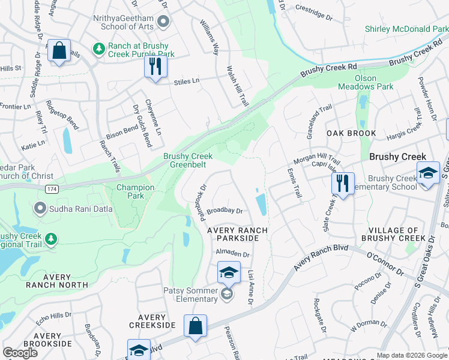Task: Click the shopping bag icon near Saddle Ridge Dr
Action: point(59,52)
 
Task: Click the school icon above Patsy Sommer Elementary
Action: point(228,272)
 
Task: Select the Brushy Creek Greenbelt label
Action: point(188,161)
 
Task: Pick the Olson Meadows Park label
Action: point(373,82)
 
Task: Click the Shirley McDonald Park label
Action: point(406,29)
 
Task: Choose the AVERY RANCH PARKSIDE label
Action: point(233,234)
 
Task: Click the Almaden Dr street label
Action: point(232,254)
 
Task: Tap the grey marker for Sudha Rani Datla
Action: point(40,208)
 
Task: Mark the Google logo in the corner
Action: point(20,353)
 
